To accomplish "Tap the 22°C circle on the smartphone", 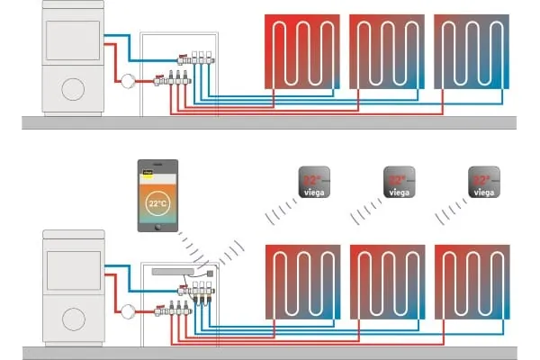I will click(x=157, y=203).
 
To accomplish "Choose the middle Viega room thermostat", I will click(x=399, y=182).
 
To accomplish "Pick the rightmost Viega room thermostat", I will click(x=484, y=182).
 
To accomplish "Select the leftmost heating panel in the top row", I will click(x=302, y=51).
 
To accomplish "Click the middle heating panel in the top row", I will click(x=387, y=51).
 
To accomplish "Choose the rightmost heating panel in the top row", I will click(x=472, y=51).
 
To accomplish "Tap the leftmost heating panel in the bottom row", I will click(x=302, y=282).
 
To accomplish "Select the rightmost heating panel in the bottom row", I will click(x=472, y=282).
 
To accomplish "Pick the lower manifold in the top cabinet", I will click(x=176, y=79).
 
